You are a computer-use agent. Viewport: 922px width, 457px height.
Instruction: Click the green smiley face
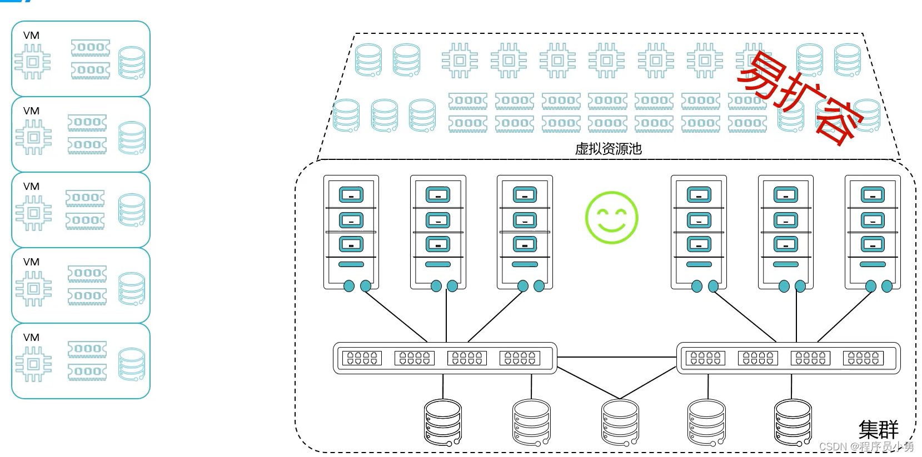tap(612, 218)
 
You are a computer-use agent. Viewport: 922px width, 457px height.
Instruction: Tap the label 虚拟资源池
tap(609, 148)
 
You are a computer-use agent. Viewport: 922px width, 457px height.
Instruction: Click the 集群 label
tap(878, 430)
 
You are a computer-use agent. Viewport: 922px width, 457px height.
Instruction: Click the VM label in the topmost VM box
tap(31, 36)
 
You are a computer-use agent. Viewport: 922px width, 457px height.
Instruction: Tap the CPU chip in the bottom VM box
tap(34, 364)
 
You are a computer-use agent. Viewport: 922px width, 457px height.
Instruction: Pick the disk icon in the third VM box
tap(132, 210)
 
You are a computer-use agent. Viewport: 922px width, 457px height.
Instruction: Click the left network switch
tap(445, 358)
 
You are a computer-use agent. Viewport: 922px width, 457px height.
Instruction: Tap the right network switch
tap(788, 358)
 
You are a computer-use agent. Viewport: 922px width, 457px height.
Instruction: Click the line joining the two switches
tap(616, 357)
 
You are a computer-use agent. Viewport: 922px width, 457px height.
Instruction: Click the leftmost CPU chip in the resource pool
tap(460, 61)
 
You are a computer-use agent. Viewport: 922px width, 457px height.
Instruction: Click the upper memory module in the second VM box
tap(87, 123)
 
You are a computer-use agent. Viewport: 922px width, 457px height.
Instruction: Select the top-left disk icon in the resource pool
tap(368, 60)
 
